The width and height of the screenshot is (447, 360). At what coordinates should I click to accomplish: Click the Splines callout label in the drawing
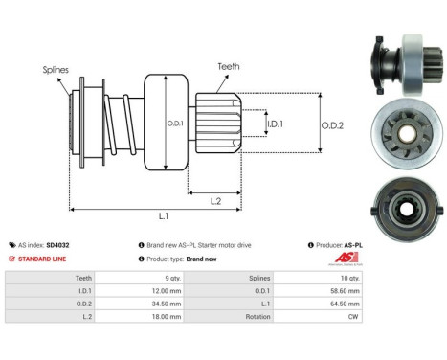pos(56,70)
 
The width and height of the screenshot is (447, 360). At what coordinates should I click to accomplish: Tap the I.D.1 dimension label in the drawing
pos(274,124)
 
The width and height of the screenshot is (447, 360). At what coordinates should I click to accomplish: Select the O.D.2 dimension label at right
pos(331,123)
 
